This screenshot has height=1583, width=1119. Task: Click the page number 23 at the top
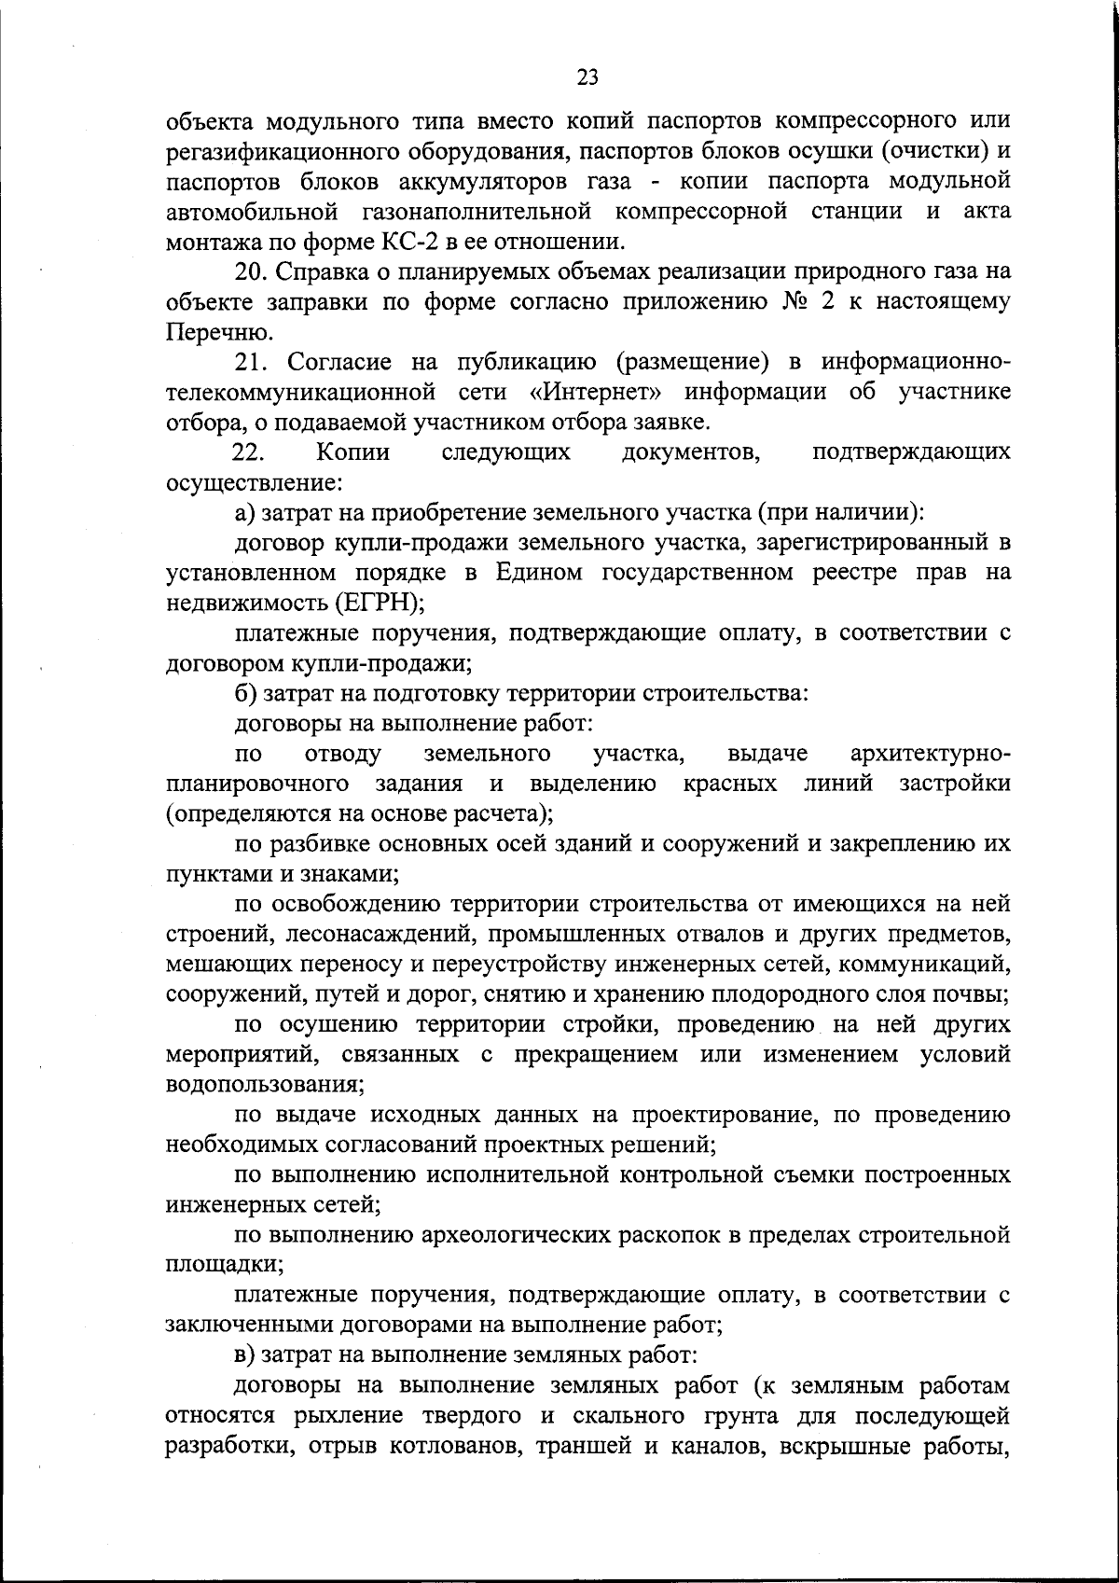[x=587, y=77]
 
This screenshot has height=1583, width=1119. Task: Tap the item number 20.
[x=252, y=271]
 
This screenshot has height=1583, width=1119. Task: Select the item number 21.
[x=252, y=362]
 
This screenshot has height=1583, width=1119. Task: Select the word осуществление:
[x=252, y=483]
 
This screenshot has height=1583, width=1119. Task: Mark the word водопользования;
[x=264, y=1086]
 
